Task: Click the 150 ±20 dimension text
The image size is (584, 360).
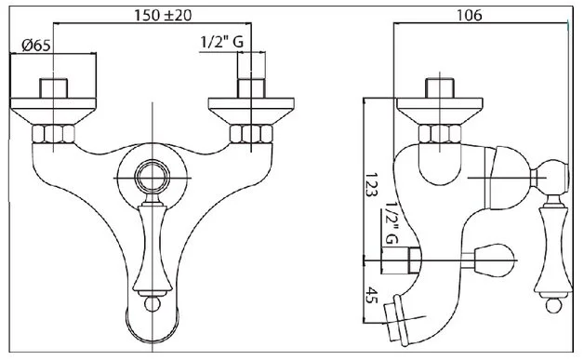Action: point(163,15)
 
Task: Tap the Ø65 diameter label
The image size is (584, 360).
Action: point(35,46)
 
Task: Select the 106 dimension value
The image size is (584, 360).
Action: point(470,15)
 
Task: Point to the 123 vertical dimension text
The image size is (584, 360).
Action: point(371,184)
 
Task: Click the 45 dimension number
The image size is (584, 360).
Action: point(371,295)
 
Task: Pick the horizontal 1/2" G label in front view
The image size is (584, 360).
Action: point(222,42)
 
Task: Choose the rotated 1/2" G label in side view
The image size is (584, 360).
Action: point(392,223)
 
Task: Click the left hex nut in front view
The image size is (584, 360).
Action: point(53,134)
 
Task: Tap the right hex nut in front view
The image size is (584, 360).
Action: point(251,134)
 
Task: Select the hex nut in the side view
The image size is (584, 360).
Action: point(440,134)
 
